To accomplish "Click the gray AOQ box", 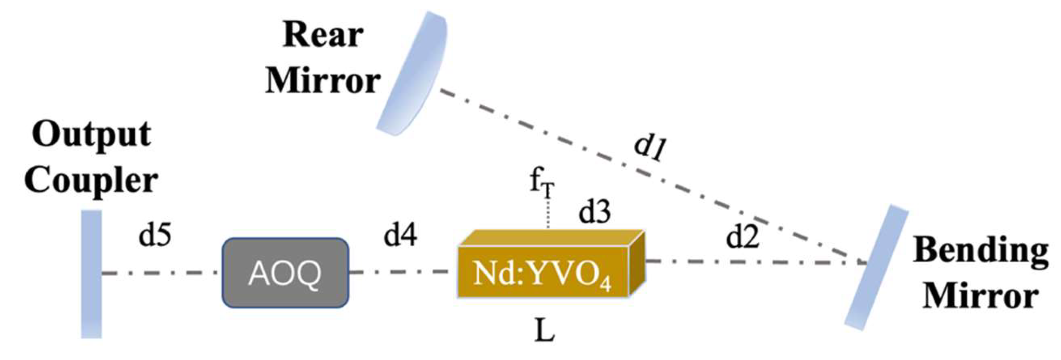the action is pos(285,273).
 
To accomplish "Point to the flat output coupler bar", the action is pos(92,273).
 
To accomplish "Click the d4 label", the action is pos(400,236).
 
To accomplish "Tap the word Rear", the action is pos(323,35).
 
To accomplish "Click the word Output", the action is pos(91,134).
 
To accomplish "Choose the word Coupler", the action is pos(91,181).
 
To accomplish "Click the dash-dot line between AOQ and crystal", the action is pos(402,272).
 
